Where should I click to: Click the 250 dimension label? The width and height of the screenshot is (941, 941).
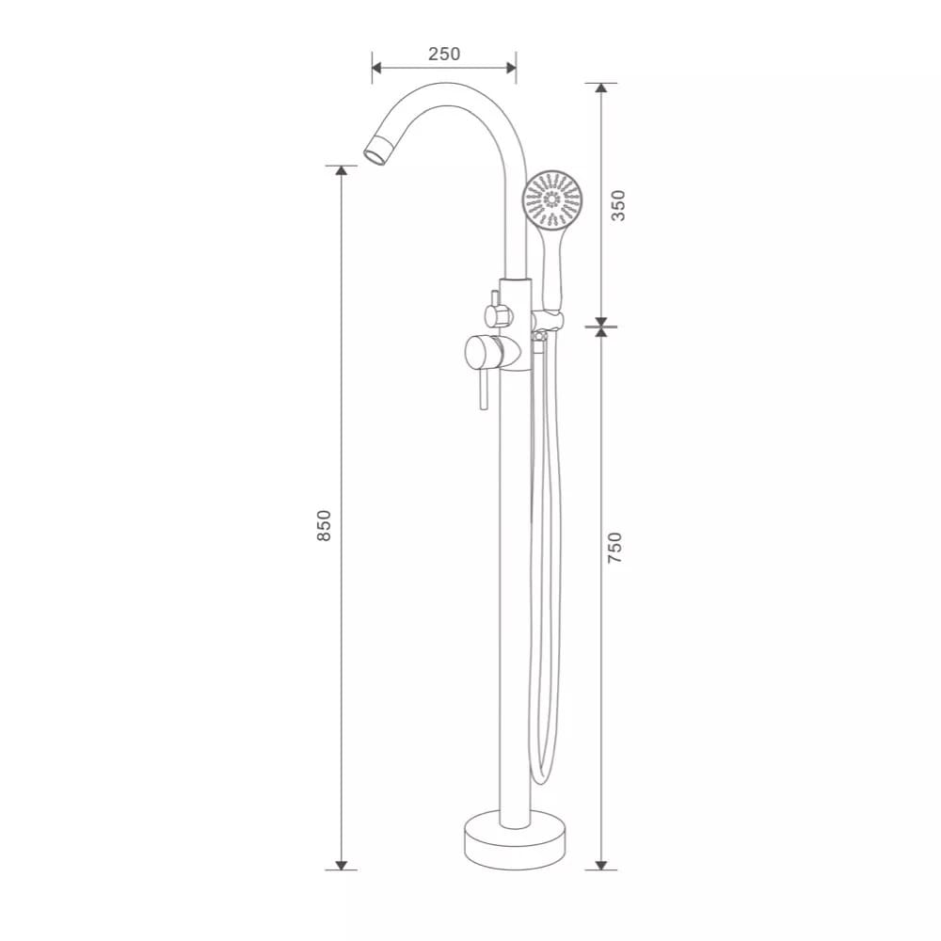point(444,54)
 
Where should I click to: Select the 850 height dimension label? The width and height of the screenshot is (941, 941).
point(324,525)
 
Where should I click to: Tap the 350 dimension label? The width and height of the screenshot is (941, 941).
point(617,205)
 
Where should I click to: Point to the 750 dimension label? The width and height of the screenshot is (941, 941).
point(615,548)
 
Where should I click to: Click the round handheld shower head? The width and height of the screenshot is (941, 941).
point(552,199)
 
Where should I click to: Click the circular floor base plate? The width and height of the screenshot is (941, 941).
point(515,839)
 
